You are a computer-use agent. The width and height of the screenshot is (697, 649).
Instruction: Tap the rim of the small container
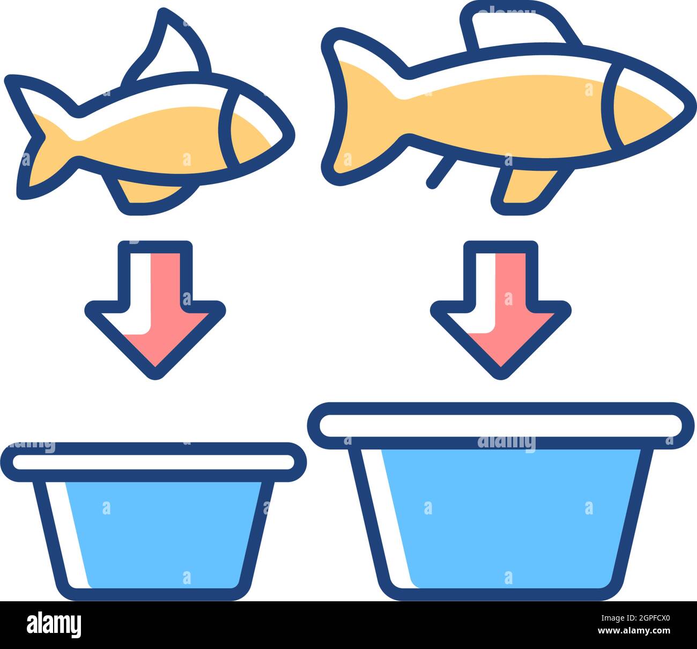pos(153,462)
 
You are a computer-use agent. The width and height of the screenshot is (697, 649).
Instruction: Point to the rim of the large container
pos(501,424)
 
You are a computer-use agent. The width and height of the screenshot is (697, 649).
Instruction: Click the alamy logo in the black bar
pos(54,625)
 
